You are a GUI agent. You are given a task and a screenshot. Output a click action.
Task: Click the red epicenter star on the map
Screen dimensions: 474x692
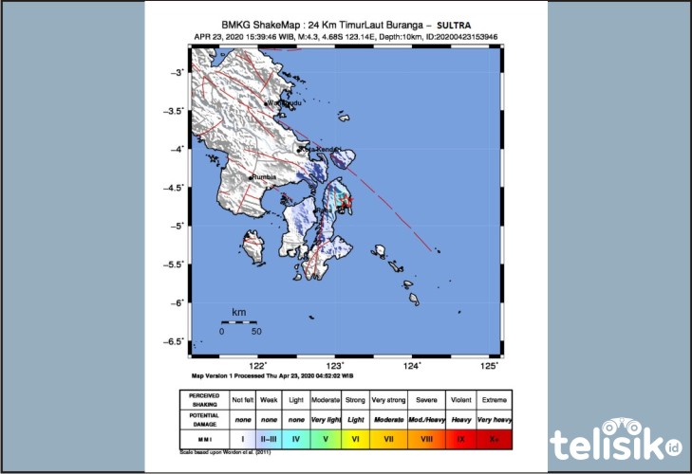[346, 200]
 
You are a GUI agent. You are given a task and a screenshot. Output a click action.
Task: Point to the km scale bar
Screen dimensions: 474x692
[239, 322]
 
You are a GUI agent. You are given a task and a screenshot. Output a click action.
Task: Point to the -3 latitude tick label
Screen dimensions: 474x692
[177, 73]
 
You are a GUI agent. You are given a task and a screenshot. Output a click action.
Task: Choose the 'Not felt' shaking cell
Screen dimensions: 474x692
[244, 398]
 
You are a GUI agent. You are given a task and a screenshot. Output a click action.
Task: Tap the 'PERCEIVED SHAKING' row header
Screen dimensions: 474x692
[204, 398]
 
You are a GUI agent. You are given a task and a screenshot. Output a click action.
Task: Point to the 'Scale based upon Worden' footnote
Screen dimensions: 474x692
[223, 454]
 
